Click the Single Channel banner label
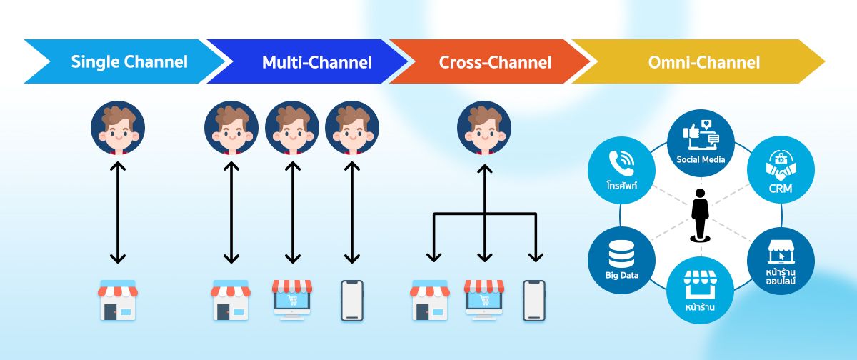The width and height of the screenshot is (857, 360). point(129,62)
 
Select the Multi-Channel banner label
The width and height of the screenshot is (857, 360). point(316,62)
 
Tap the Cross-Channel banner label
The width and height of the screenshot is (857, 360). point(495,62)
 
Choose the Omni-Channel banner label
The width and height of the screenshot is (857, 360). point(703,62)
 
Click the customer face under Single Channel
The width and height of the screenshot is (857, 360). point(118,128)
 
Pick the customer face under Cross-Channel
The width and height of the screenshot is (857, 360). point(484,128)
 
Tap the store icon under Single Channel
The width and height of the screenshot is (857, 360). point(116,300)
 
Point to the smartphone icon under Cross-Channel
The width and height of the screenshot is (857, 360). point(533,300)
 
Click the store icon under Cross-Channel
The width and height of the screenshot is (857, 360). point(428,300)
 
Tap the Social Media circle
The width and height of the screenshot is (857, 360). point(701,140)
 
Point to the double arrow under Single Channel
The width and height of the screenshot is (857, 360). point(118,213)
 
